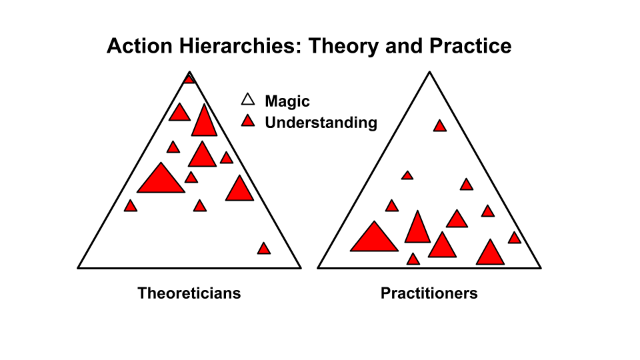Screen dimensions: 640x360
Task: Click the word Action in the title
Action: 139,46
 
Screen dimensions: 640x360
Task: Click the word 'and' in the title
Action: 404,46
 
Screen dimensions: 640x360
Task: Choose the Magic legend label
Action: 287,101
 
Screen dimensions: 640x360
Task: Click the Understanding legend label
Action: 321,123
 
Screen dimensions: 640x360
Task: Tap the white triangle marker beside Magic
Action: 248,99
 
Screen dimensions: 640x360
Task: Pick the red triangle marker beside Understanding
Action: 248,121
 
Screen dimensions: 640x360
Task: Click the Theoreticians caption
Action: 189,293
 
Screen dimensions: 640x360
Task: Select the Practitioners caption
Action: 429,293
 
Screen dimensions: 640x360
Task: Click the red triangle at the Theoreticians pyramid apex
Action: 189,79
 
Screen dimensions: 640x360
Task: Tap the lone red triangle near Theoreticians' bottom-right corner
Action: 264,249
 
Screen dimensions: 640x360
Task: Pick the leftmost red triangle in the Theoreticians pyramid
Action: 131,206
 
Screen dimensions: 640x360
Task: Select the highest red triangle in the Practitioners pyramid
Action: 439,126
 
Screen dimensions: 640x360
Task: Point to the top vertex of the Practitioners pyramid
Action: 429,72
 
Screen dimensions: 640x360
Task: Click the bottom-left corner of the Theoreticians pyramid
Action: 78,268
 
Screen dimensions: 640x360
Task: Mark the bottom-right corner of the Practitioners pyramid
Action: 541,268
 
